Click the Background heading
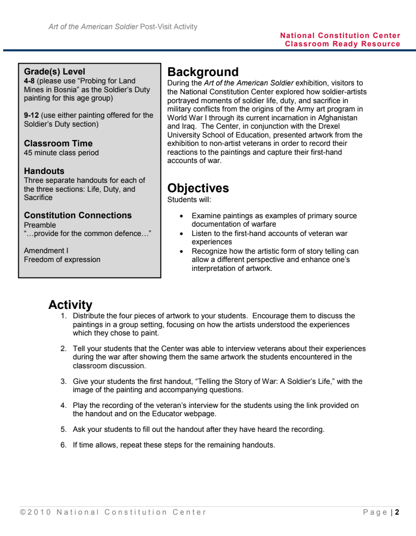click(203, 72)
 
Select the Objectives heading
click(198, 189)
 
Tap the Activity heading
click(70, 305)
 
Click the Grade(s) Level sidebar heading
click(54, 72)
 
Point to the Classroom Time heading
click(58, 143)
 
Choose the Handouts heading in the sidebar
click(44, 171)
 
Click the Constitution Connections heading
click(78, 215)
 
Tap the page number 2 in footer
click(397, 512)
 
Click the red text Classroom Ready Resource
click(343, 44)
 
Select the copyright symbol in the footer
click(22, 512)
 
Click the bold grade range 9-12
click(31, 115)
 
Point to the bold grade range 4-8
click(29, 81)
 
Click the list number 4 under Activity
click(63, 405)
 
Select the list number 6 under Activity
click(63, 445)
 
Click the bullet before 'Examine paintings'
click(181, 216)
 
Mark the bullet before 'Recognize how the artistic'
click(181, 251)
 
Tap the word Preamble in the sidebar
click(40, 225)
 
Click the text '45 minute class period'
click(61, 153)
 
